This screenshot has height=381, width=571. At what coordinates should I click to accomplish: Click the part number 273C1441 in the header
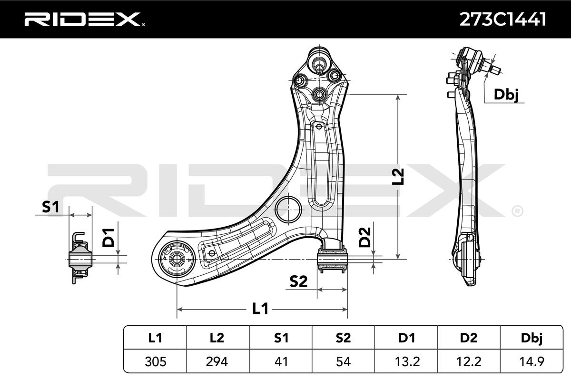[502, 19]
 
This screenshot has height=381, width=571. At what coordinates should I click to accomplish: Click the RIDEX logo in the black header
[81, 20]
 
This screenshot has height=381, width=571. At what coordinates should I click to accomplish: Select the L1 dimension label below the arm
[260, 309]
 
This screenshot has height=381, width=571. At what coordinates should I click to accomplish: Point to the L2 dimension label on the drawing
[398, 176]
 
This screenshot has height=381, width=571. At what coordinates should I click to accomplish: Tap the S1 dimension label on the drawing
[50, 207]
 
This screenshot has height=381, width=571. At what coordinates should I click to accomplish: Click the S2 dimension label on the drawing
[298, 282]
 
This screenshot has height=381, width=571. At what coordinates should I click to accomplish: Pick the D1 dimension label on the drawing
[109, 237]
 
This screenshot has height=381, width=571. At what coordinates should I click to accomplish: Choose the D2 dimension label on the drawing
[364, 237]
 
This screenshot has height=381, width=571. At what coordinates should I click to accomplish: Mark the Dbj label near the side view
[505, 94]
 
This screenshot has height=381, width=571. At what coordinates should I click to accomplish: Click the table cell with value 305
[155, 362]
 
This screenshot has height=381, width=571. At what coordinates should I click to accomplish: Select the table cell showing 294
[217, 362]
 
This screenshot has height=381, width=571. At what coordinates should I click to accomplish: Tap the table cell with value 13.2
[406, 362]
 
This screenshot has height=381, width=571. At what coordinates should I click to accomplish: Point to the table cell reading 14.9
[532, 362]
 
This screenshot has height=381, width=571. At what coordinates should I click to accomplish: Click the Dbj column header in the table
[532, 338]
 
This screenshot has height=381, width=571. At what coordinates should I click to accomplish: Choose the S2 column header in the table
[343, 338]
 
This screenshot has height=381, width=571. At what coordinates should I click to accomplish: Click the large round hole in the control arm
[289, 209]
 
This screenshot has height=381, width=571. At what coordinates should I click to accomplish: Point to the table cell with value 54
[343, 362]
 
